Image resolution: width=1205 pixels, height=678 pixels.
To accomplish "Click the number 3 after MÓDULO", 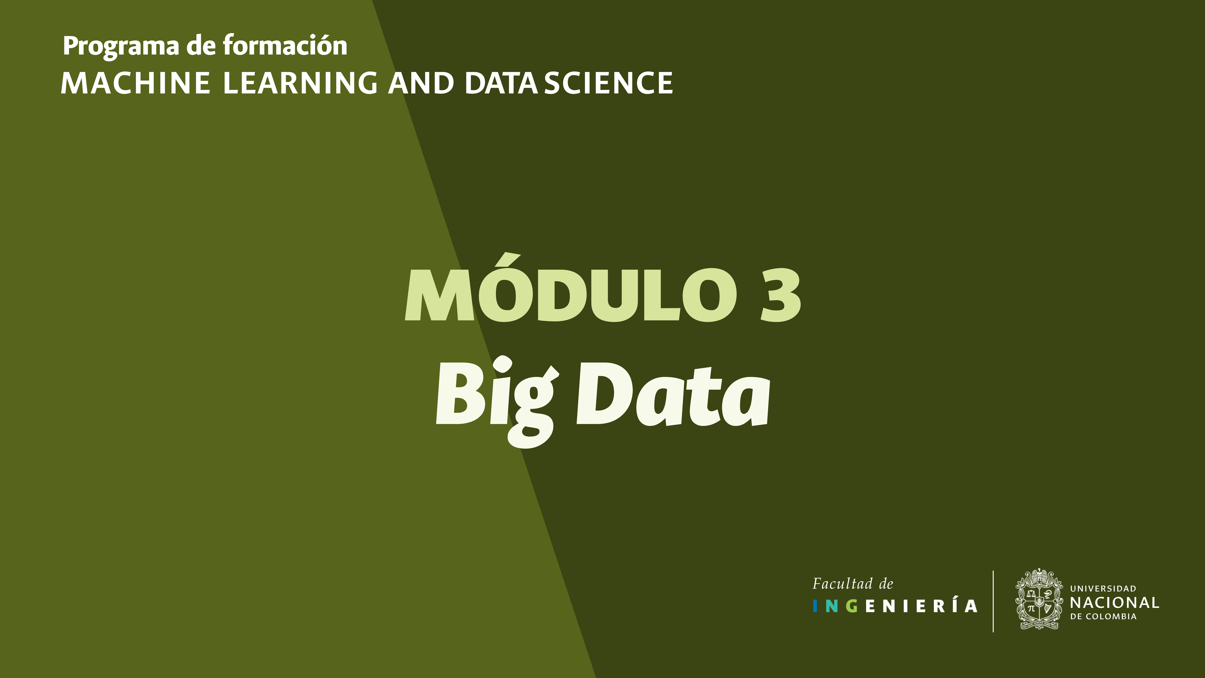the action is [x=780, y=295].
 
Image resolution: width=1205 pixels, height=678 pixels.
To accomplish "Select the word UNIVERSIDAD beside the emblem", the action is [x=1103, y=589].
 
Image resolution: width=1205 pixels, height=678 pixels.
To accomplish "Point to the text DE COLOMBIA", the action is [x=1103, y=617].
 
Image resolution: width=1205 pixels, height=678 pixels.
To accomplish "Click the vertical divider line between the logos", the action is [x=993, y=601].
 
